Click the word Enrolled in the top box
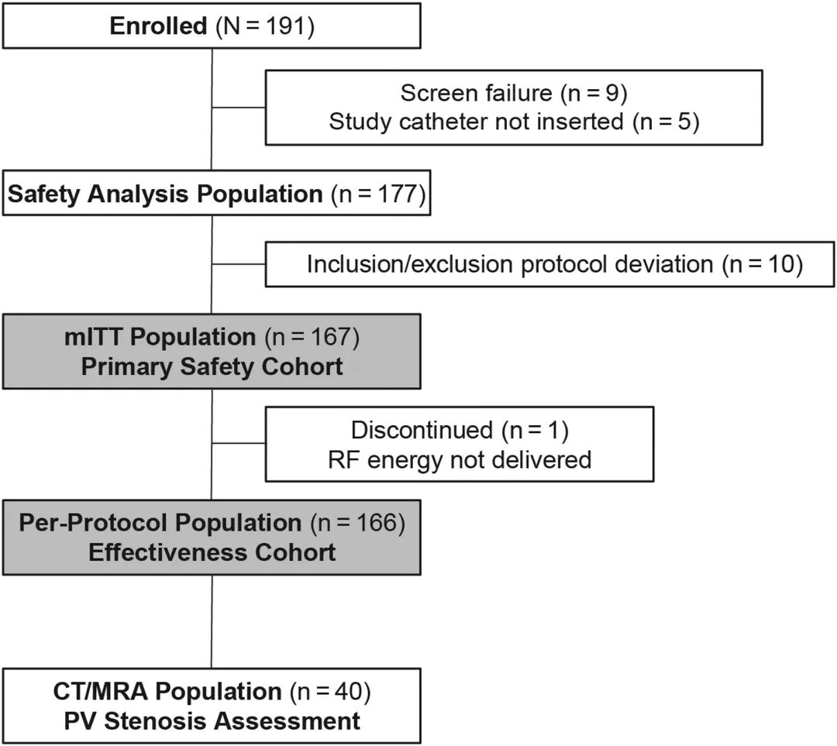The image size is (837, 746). coord(158,26)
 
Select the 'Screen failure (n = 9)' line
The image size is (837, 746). coord(514,93)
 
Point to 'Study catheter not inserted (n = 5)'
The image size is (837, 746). coord(514,122)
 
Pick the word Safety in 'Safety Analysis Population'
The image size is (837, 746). coord(43,194)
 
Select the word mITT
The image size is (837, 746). coord(94,337)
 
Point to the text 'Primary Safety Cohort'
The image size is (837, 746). coord(212,366)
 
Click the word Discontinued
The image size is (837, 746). coord(422,430)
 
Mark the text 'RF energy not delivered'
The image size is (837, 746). coord(460,459)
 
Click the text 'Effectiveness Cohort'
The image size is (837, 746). coord(212,552)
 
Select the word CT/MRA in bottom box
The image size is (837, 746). coord(100,691)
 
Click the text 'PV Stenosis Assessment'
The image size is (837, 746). coord(212,721)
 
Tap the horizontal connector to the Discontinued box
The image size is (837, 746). coord(239,443)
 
